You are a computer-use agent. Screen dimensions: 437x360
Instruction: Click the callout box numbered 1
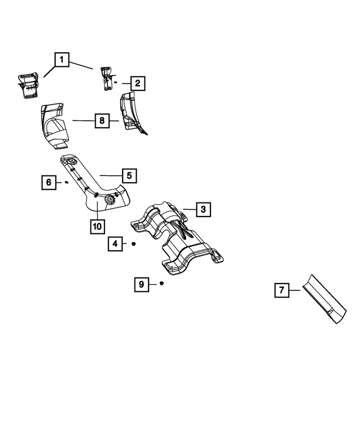(62, 59)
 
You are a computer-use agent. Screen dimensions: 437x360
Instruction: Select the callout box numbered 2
(137, 84)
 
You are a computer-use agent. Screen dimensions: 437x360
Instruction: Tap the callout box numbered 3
(203, 210)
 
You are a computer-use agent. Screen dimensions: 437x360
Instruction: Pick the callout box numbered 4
(115, 244)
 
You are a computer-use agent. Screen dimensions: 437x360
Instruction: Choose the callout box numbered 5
(128, 176)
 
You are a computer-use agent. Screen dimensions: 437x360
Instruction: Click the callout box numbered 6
(48, 182)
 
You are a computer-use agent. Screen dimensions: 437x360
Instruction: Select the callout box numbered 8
(101, 120)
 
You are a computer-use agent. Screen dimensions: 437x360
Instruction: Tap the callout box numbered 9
(141, 285)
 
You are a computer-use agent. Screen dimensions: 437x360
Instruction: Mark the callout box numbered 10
(97, 226)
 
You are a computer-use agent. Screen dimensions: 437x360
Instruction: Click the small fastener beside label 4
(134, 244)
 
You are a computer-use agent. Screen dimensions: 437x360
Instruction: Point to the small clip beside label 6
(66, 182)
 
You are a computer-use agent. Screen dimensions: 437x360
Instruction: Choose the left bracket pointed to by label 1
(28, 84)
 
